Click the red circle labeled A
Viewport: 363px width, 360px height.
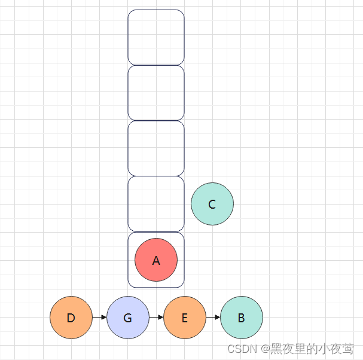pyautogui.click(x=156, y=260)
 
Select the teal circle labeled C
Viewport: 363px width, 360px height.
pyautogui.click(x=212, y=204)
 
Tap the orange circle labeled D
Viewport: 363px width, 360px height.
pyautogui.click(x=71, y=318)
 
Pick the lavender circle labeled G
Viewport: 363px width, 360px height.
pyautogui.click(x=128, y=318)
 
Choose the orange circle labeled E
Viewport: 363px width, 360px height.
pyautogui.click(x=185, y=318)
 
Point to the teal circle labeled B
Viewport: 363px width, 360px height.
pyautogui.click(x=242, y=318)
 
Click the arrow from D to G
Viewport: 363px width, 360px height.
pyautogui.click(x=100, y=318)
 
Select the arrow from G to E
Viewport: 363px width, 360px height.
pyautogui.click(x=156, y=318)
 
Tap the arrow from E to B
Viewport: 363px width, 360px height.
pyautogui.click(x=213, y=318)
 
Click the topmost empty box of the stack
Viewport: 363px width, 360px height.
pyautogui.click(x=156, y=37)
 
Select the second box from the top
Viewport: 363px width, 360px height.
pyautogui.click(x=156, y=93)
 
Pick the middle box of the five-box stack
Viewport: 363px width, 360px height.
pyautogui.click(x=156, y=148)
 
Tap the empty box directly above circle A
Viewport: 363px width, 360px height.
pyautogui.click(x=156, y=204)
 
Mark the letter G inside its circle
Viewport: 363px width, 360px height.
pyautogui.click(x=128, y=318)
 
